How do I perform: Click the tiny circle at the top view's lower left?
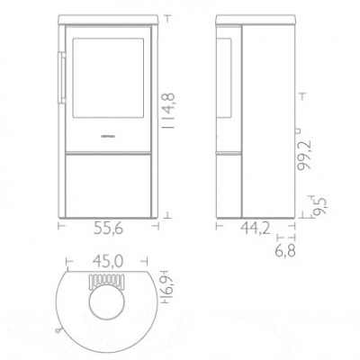click(x=59, y=328)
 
